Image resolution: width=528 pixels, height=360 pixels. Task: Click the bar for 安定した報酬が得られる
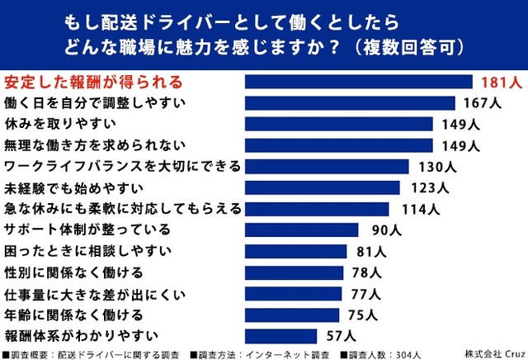(x=359, y=82)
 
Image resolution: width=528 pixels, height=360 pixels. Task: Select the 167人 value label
(x=482, y=103)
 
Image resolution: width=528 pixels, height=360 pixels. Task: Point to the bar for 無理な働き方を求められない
(x=339, y=145)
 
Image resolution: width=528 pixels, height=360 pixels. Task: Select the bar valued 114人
(x=317, y=209)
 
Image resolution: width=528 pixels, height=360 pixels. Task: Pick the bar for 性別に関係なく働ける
(x=295, y=272)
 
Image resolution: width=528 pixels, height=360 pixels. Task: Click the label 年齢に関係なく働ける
(x=63, y=315)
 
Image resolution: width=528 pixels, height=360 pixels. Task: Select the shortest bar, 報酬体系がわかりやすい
(x=280, y=336)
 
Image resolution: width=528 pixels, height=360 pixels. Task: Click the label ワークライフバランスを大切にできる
(x=122, y=167)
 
